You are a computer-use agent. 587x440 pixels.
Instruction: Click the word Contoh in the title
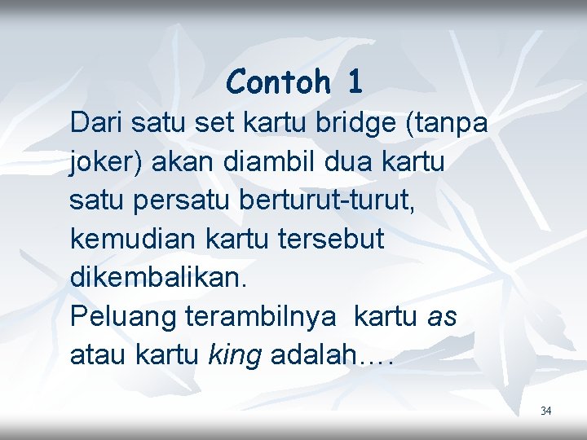coord(278,81)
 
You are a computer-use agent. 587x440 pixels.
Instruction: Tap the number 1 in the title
coord(354,81)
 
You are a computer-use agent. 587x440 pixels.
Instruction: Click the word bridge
coord(357,123)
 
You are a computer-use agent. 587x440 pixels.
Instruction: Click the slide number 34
coord(545,411)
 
